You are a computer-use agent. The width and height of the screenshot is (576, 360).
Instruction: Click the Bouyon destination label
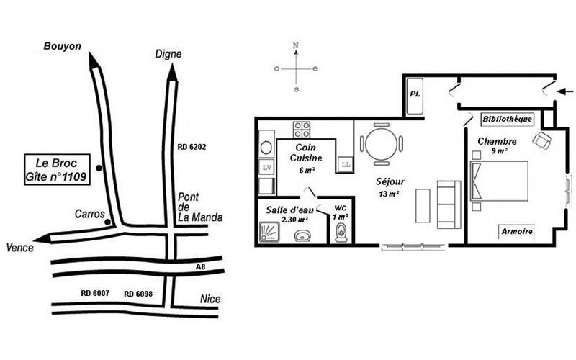point(62,46)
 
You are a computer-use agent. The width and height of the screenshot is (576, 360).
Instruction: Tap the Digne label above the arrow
point(168,54)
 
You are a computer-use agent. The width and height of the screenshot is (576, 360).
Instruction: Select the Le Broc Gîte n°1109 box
point(58,169)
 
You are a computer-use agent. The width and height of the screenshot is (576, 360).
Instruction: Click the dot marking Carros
point(107,222)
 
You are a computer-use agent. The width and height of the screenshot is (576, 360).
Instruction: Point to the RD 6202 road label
point(192,147)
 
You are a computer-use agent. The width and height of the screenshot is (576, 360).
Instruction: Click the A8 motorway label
point(200,267)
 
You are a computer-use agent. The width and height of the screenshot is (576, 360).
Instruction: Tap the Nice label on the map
point(210,299)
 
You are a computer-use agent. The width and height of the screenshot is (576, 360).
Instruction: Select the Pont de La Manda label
point(200,207)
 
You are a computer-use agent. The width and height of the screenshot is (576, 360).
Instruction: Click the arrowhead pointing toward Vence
point(43,238)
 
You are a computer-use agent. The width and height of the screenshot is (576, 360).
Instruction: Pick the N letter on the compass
point(296,45)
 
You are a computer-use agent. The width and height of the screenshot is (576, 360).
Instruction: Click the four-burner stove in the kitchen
point(301,130)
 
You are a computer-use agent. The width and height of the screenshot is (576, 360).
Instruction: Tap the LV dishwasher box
point(266,168)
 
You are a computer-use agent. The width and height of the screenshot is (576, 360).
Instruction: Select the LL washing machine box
point(346,164)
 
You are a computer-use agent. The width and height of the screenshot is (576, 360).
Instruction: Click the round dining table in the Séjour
point(382,143)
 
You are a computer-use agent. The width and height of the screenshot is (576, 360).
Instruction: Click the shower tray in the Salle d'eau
point(269,232)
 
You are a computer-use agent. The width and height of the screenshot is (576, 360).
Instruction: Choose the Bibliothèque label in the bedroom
point(507,119)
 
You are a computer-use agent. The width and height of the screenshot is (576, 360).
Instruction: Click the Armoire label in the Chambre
point(517,231)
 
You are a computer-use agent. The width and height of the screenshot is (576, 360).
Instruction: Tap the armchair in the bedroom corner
point(542,140)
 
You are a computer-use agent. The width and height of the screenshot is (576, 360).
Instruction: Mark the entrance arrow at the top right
point(565,91)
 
